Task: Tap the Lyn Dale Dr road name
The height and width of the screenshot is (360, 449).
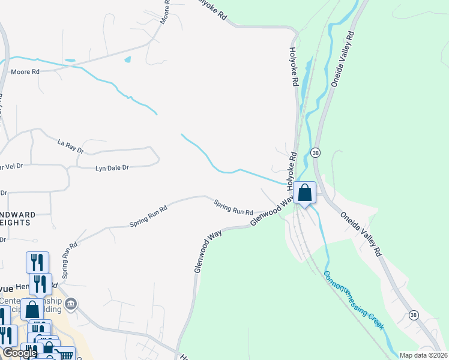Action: point(112,169)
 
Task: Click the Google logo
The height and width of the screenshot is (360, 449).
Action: point(20,353)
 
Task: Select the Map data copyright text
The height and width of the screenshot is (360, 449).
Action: point(423,355)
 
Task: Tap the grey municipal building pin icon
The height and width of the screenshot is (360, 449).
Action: point(71,303)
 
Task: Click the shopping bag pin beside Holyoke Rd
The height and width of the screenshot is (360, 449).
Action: point(305,194)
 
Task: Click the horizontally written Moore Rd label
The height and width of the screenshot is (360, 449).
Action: point(25,72)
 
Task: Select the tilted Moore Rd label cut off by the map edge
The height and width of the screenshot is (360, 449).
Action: point(164,13)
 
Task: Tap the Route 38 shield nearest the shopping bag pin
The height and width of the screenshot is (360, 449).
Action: point(316,153)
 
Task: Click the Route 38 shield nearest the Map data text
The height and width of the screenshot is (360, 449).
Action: point(413,314)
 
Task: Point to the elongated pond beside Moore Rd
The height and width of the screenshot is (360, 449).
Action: point(70,61)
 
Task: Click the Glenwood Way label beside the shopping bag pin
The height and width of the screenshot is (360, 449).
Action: point(273,213)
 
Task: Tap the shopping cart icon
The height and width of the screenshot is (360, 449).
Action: point(65,355)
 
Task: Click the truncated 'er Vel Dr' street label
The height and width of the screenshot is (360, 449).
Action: point(12,166)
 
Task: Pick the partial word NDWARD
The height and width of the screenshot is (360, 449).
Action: point(17,214)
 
